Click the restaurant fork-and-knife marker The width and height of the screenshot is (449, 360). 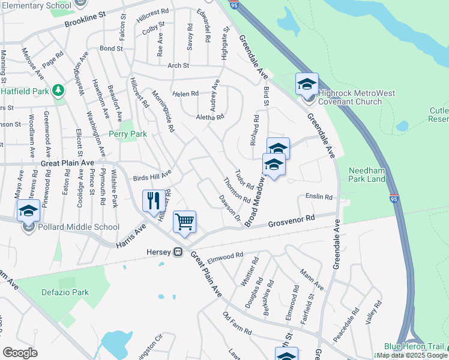pyautogui.click(x=154, y=200)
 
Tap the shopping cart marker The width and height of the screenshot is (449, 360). pyautogui.click(x=184, y=221)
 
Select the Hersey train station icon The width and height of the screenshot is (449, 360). pyautogui.click(x=178, y=252)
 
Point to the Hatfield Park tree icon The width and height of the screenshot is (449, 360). pyautogui.click(x=58, y=91)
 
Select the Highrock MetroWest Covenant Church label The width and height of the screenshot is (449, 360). pyautogui.click(x=350, y=97)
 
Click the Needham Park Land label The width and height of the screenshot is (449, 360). pyautogui.click(x=368, y=174)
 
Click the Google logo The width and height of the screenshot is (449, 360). pyautogui.click(x=20, y=353)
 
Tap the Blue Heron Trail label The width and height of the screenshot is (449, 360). pyautogui.click(x=414, y=347)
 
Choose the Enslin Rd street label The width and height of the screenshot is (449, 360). pyautogui.click(x=318, y=197)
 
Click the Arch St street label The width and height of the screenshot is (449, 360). pyautogui.click(x=178, y=65)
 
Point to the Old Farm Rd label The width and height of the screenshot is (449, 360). pyautogui.click(x=237, y=323)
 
